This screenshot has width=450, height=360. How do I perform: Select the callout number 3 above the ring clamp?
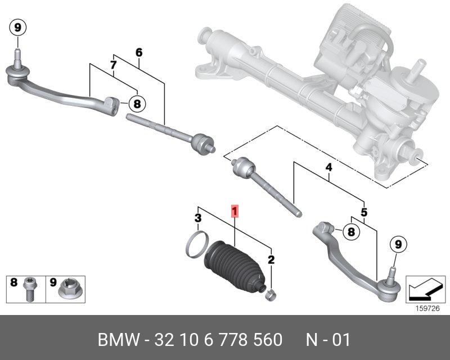click(198, 218)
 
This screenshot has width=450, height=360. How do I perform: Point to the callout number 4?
click(328, 168)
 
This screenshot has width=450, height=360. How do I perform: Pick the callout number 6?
click(139, 53)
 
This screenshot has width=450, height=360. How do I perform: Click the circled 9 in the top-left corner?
click(17, 26)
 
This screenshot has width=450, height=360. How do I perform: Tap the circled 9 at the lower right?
click(398, 244)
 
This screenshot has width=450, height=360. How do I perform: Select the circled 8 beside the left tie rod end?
click(137, 103)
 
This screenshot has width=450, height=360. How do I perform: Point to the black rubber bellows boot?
click(232, 268)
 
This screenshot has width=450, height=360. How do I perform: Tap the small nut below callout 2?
click(270, 292)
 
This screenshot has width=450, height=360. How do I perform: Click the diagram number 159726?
click(426, 308)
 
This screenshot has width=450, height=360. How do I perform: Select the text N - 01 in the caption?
click(328, 340)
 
